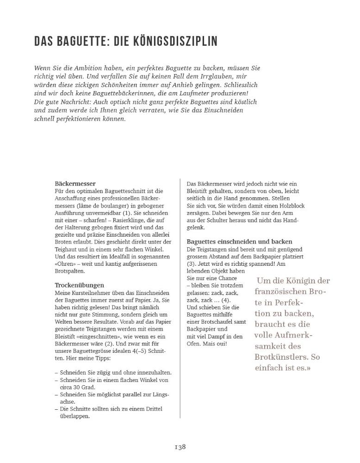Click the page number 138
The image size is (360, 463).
180,447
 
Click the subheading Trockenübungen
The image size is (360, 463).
80,285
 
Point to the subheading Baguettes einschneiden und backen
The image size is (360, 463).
239,242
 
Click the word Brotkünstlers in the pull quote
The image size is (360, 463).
278,357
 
